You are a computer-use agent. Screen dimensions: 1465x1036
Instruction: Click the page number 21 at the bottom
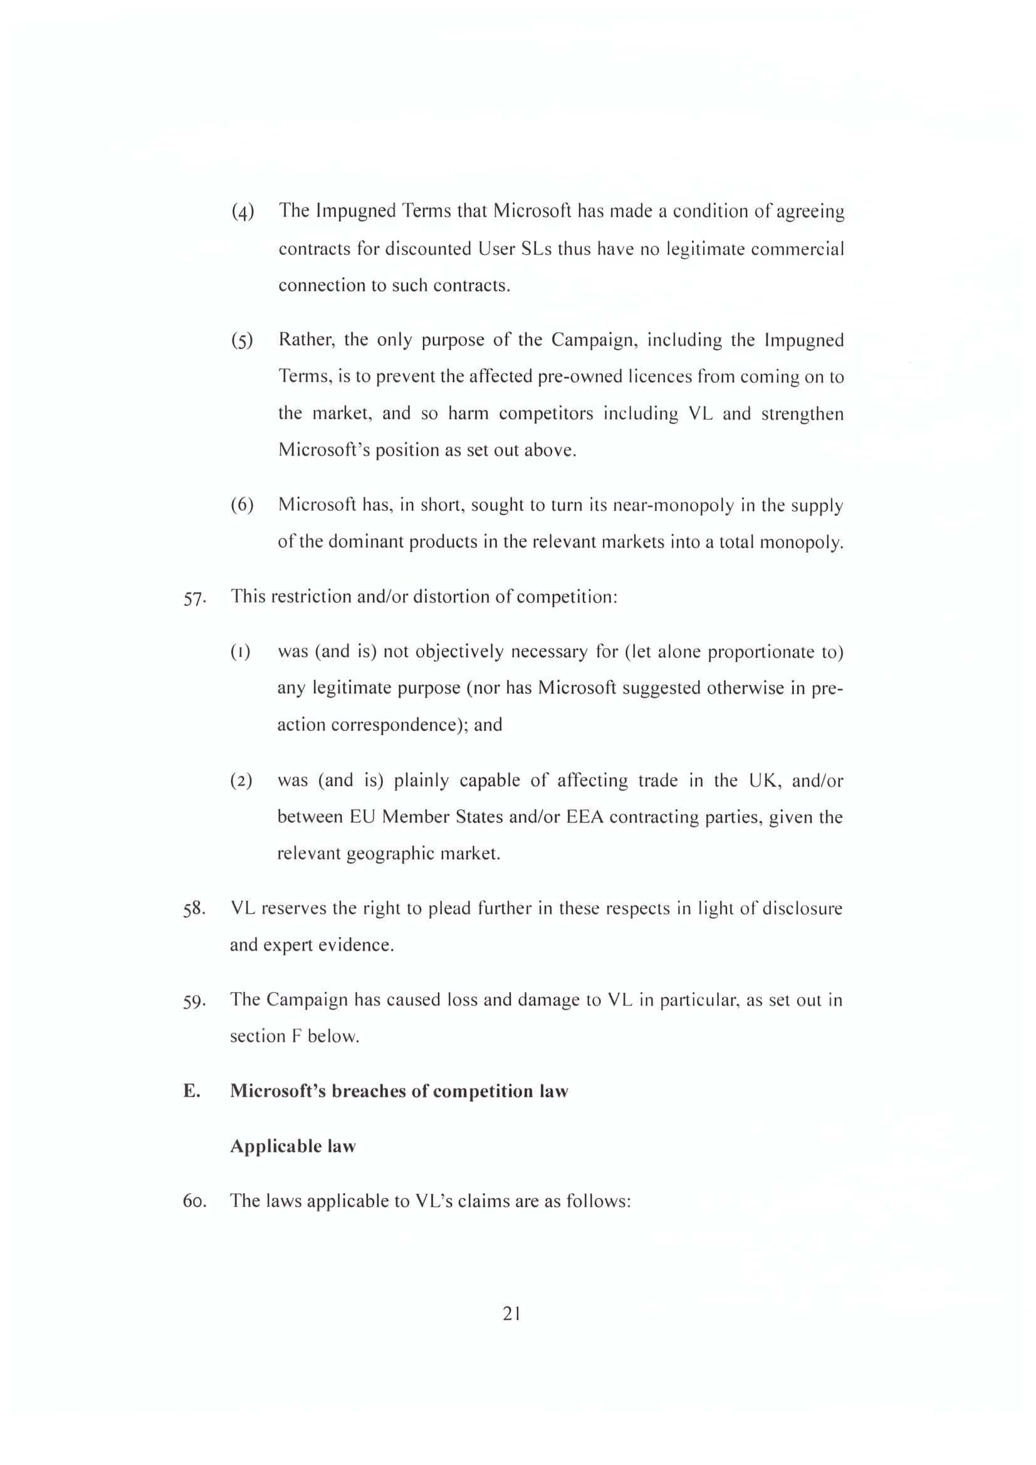click(x=511, y=1313)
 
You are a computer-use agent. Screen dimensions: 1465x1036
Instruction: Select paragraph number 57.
click(x=194, y=599)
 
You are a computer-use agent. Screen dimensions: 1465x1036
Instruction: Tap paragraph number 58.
click(x=194, y=909)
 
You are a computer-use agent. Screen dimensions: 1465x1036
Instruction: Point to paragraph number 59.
click(x=194, y=1001)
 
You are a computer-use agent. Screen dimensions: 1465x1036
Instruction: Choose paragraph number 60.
click(x=194, y=1201)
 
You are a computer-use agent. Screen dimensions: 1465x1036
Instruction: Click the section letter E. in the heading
click(x=192, y=1092)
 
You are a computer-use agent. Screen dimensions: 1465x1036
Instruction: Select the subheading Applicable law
click(x=293, y=1147)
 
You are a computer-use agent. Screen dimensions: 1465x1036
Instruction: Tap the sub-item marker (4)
click(x=243, y=211)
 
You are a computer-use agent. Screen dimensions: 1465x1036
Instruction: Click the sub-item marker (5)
click(x=243, y=341)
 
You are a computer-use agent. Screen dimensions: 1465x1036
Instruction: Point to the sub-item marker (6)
click(x=243, y=505)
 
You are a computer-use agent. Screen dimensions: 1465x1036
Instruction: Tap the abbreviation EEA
click(x=585, y=817)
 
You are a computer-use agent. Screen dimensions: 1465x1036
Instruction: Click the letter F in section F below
click(x=296, y=1036)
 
